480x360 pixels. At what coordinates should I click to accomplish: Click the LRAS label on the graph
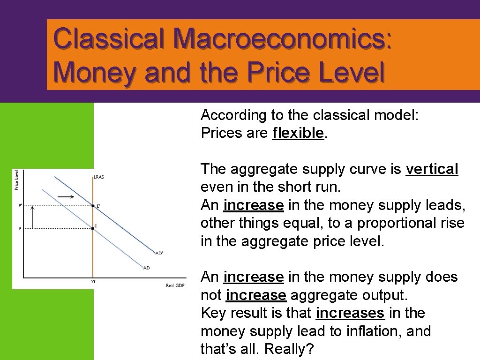[98, 177]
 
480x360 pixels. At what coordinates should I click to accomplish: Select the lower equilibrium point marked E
[92, 228]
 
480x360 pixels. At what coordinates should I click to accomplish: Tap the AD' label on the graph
[159, 254]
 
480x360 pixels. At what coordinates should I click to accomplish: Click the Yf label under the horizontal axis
[93, 282]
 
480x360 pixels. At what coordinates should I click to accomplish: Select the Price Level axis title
[17, 180]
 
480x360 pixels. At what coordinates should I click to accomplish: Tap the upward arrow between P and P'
[32, 217]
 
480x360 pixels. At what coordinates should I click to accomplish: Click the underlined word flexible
[298, 133]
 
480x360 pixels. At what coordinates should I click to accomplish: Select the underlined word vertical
[432, 169]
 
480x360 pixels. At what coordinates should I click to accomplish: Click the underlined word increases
[350, 313]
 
